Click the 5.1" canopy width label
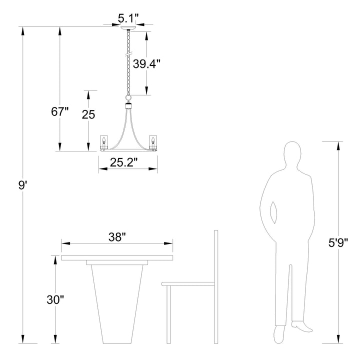point(128,18)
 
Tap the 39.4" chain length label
point(146,63)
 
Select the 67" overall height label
point(59,112)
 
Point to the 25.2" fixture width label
point(123,162)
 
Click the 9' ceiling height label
point(22,185)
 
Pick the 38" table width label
point(117,237)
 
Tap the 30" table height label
point(55,299)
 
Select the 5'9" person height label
point(338,242)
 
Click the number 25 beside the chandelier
point(88,114)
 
